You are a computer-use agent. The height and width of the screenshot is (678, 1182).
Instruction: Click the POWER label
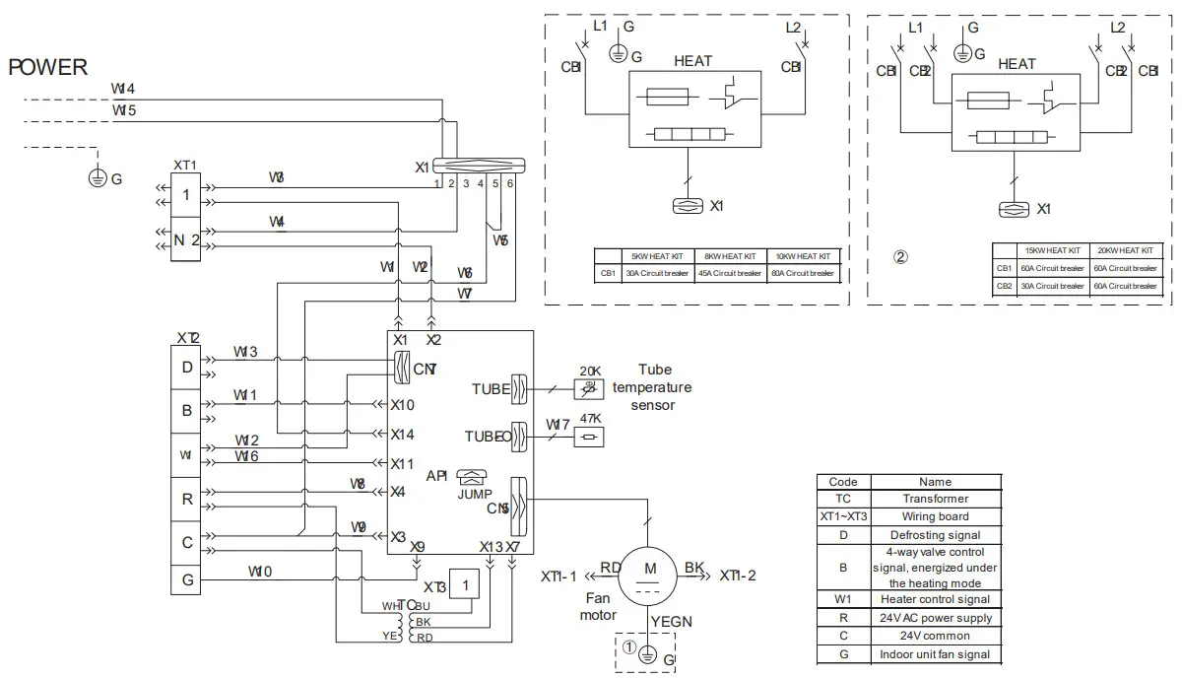click(x=48, y=67)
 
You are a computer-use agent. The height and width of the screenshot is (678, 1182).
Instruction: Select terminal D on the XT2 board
click(x=187, y=368)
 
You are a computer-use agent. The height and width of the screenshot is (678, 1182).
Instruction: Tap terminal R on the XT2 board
click(x=187, y=499)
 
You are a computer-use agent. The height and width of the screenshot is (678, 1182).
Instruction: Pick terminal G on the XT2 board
click(x=187, y=579)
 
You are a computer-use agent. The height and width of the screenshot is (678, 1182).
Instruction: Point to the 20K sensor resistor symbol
click(x=589, y=389)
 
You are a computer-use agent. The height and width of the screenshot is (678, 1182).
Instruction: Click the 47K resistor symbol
click(x=590, y=438)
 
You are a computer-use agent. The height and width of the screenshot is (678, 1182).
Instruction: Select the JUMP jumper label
click(x=475, y=494)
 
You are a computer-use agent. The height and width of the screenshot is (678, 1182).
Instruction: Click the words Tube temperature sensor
click(x=653, y=387)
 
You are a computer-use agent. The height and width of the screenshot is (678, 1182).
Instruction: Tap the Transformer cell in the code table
click(x=935, y=499)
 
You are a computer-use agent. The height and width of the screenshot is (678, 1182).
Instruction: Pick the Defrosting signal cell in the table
click(x=935, y=534)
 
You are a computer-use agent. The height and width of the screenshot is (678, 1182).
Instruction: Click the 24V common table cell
click(x=935, y=636)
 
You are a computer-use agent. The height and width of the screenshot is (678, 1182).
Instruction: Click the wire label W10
click(x=260, y=572)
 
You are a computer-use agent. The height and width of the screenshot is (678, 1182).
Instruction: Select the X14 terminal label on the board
click(x=402, y=434)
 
